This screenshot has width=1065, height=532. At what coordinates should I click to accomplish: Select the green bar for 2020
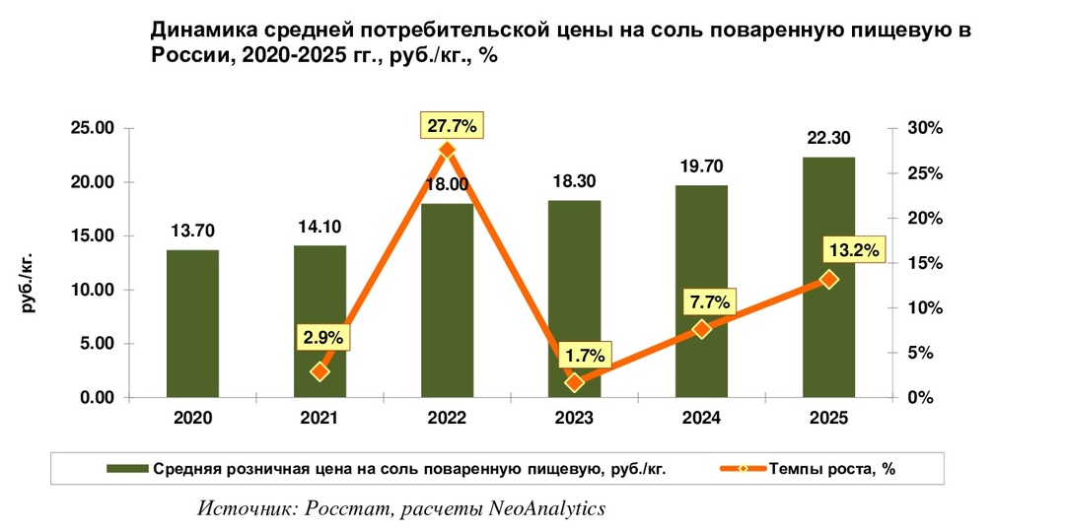tap(192, 325)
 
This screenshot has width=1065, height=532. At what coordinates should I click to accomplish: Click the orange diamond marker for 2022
tap(447, 150)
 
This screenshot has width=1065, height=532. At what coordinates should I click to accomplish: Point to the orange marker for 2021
tap(319, 371)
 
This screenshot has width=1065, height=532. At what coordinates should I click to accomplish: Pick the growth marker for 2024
tap(701, 329)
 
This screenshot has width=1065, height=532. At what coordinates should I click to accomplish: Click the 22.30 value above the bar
tap(829, 137)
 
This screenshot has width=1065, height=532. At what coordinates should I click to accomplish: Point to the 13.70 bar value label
tap(192, 231)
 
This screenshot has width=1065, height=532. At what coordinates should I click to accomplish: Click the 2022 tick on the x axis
tap(447, 418)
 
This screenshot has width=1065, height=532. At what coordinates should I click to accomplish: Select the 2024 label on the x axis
tap(701, 418)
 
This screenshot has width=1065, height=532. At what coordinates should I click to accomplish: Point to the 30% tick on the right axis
tap(926, 128)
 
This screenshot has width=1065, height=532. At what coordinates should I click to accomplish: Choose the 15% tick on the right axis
tap(926, 263)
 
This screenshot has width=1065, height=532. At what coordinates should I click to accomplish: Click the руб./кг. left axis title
tap(29, 281)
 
